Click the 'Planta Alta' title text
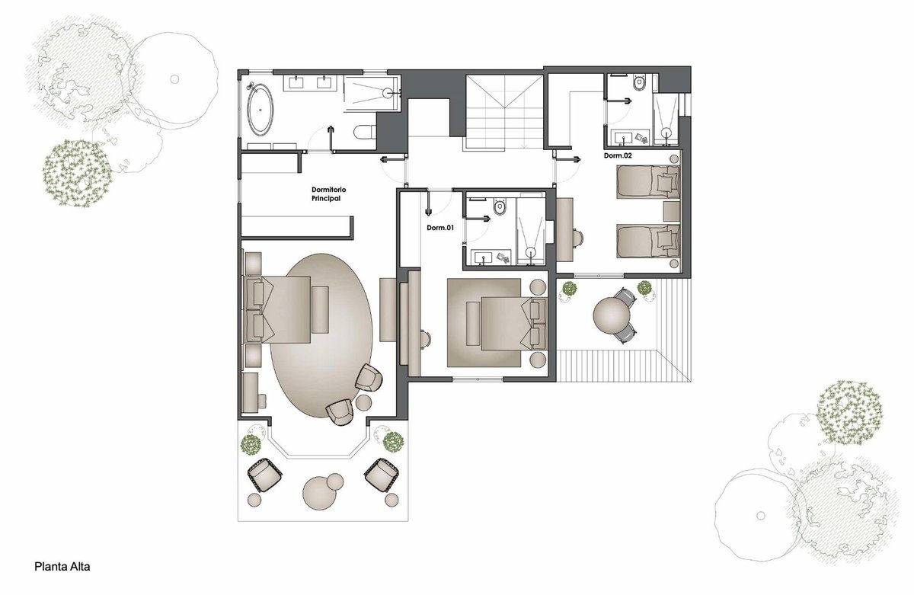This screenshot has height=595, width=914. click(62, 567)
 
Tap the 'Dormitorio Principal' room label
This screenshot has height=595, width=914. click(329, 194)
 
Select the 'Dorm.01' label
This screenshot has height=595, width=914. click(440, 228)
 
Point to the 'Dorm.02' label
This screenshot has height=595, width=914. click(618, 155)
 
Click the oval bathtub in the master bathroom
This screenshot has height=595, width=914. click(260, 110)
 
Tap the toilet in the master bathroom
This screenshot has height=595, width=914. click(365, 132)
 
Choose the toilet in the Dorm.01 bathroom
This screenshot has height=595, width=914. click(499, 206)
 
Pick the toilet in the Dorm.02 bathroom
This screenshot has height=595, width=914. click(638, 83)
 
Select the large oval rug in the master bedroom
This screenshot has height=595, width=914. click(321, 336)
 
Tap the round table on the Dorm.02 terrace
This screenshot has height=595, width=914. click(612, 315)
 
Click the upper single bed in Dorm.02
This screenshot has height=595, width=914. click(648, 181)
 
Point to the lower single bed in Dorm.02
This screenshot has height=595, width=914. click(648, 241)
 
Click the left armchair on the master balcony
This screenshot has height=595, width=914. click(264, 475)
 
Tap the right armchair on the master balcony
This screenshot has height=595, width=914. click(381, 475)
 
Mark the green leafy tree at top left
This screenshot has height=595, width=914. click(77, 173)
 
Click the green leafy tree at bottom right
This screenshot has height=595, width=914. click(849, 412)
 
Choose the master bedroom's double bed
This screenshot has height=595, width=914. click(277, 309)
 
